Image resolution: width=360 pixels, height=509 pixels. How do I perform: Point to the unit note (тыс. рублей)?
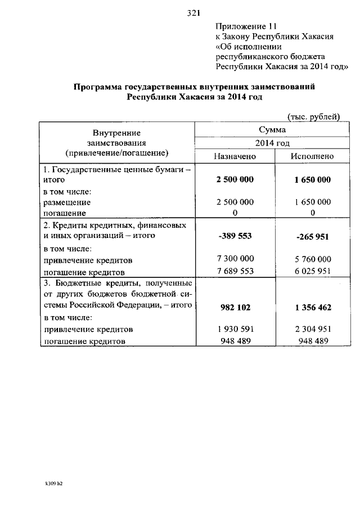[313, 116]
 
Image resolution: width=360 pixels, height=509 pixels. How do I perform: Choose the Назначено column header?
[235, 156]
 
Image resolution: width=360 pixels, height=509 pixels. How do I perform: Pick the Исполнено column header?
[312, 156]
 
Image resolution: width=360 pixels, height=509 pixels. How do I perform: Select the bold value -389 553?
[235, 237]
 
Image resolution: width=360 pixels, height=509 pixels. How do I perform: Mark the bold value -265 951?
[313, 237]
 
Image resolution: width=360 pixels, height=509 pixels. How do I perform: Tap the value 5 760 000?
[313, 261]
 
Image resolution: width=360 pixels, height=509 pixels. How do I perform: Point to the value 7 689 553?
[235, 271]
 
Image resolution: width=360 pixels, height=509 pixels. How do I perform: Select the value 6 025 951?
[313, 272]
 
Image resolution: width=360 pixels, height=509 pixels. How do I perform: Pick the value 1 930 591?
[235, 328]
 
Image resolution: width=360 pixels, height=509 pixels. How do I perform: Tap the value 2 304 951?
[313, 328]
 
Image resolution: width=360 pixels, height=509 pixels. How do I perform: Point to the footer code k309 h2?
[54, 483]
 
